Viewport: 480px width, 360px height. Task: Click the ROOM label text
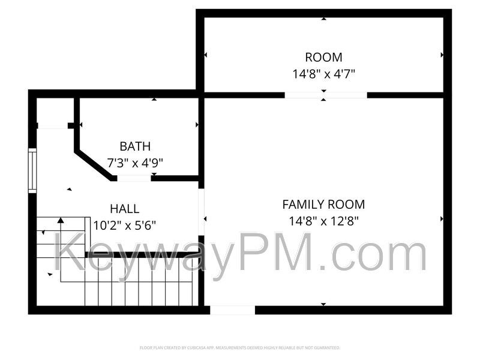click(323, 58)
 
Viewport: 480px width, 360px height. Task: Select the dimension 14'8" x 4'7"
click(323, 74)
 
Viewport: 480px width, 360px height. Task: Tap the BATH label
click(135, 146)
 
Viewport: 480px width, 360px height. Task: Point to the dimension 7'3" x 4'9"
click(135, 163)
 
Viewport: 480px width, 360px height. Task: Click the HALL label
click(124, 209)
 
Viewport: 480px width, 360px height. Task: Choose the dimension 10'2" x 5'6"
click(125, 226)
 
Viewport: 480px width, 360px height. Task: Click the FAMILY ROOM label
click(323, 205)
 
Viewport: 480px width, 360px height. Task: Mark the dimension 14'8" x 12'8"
click(323, 221)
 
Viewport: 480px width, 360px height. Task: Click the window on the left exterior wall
click(32, 171)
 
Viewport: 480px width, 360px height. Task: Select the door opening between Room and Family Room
click(325, 95)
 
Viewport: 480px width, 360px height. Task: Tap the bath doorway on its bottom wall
click(134, 178)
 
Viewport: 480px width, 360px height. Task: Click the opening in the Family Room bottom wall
click(232, 310)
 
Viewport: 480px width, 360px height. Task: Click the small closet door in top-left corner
click(53, 125)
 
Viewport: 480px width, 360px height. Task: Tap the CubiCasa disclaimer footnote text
click(240, 347)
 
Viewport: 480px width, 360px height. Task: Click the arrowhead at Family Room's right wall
click(442, 219)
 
